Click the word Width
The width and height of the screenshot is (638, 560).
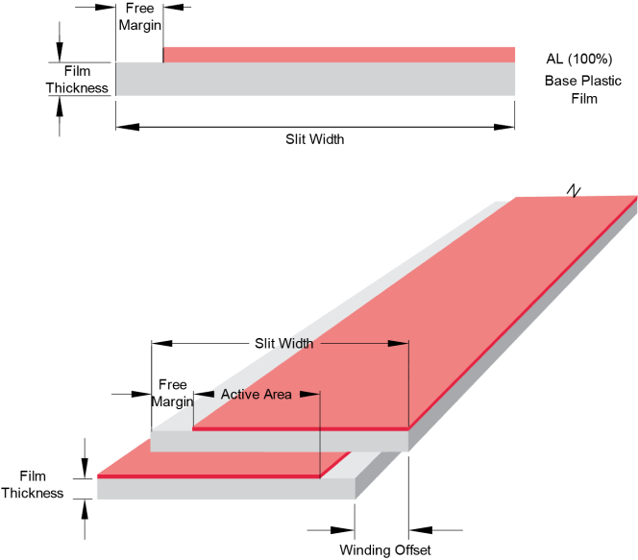pos(297,344)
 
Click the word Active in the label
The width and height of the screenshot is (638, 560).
pos(238,395)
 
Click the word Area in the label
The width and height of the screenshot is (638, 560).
pos(276,395)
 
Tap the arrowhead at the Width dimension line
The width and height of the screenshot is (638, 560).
pos(398,344)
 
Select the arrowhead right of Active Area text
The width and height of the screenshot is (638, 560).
pos(308,395)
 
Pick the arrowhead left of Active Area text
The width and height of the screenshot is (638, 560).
pos(205,395)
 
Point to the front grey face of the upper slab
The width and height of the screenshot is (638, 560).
pos(279,441)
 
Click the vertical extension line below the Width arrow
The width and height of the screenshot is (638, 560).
pos(409,384)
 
